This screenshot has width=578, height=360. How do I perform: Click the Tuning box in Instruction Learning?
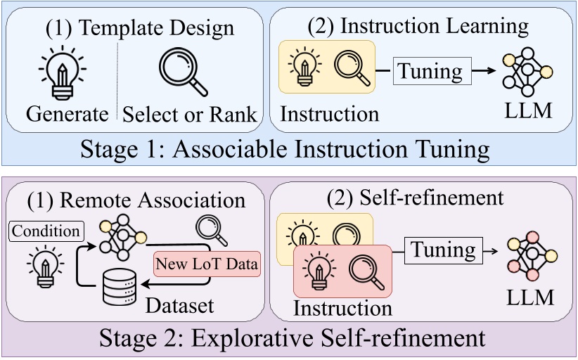pos(432,71)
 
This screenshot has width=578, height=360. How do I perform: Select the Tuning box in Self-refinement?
pos(444,250)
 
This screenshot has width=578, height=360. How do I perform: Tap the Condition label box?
pos(46,231)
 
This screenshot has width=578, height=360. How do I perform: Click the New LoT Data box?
pos(207,264)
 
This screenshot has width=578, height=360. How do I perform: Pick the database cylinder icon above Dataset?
pos(120,287)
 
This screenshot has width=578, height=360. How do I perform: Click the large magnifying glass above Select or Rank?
pos(184,72)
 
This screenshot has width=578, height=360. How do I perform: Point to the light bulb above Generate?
pos(63,72)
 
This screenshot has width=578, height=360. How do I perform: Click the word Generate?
pos(67,114)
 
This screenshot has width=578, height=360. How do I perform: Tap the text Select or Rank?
pos(189,115)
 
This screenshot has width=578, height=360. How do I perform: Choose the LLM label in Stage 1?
pos(528,110)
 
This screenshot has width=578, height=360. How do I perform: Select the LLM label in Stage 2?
pos(530,297)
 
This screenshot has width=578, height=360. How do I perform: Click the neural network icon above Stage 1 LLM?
pos(527,72)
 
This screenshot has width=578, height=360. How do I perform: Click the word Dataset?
pos(180,305)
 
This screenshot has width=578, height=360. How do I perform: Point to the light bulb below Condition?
pos(45,266)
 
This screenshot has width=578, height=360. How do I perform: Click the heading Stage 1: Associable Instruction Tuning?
pos(285,149)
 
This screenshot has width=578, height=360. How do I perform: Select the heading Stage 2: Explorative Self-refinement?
pos(293,338)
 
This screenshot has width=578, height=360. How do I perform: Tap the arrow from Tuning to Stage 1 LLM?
pos(484,70)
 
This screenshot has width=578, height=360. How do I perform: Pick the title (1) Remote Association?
pos(136,201)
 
